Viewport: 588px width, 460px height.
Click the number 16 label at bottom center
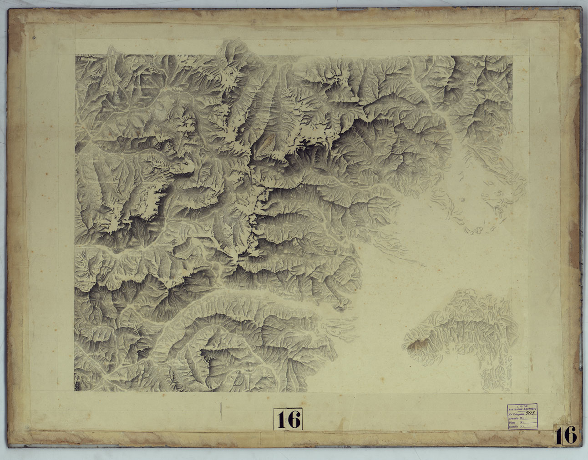point(288,419)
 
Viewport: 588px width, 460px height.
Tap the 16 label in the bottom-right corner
point(566,435)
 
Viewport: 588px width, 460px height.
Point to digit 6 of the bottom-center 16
point(294,419)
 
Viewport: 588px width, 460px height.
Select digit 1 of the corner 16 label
point(559,435)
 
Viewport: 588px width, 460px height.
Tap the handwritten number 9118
point(530,413)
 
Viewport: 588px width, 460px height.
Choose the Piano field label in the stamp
point(512,423)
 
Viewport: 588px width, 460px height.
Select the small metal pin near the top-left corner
point(34,39)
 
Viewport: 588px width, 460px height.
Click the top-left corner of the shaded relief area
point(76,56)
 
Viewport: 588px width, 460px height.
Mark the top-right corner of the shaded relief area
point(512,56)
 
